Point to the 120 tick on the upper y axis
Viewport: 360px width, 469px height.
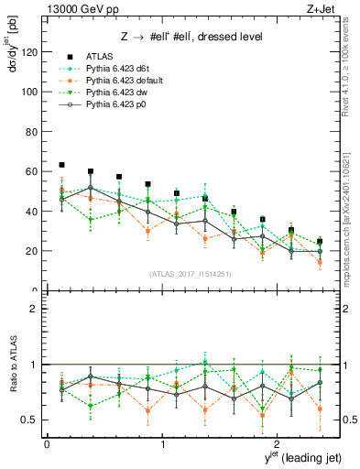pos(32,52)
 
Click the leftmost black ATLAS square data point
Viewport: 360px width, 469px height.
pos(61,165)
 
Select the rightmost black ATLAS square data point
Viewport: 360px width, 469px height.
pos(320,242)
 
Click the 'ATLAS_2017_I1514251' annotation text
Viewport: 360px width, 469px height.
pos(184,274)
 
